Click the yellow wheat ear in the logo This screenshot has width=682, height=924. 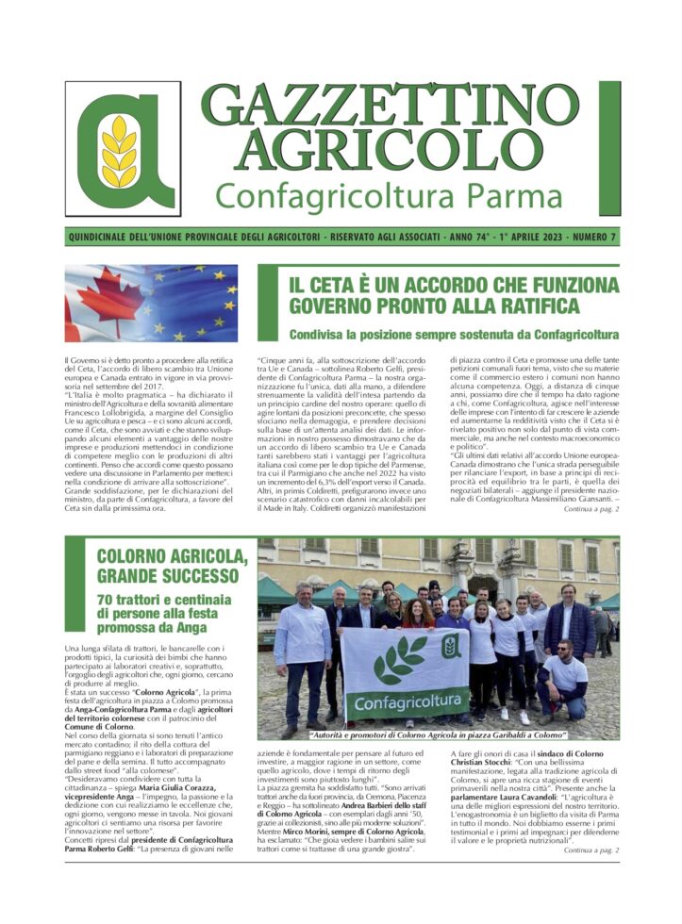(x=120, y=150)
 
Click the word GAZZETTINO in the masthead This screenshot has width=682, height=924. (x=403, y=109)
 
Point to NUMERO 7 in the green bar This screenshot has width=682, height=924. (x=587, y=237)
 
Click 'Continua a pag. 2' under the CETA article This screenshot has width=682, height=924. (x=591, y=509)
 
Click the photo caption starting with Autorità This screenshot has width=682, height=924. (x=438, y=734)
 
